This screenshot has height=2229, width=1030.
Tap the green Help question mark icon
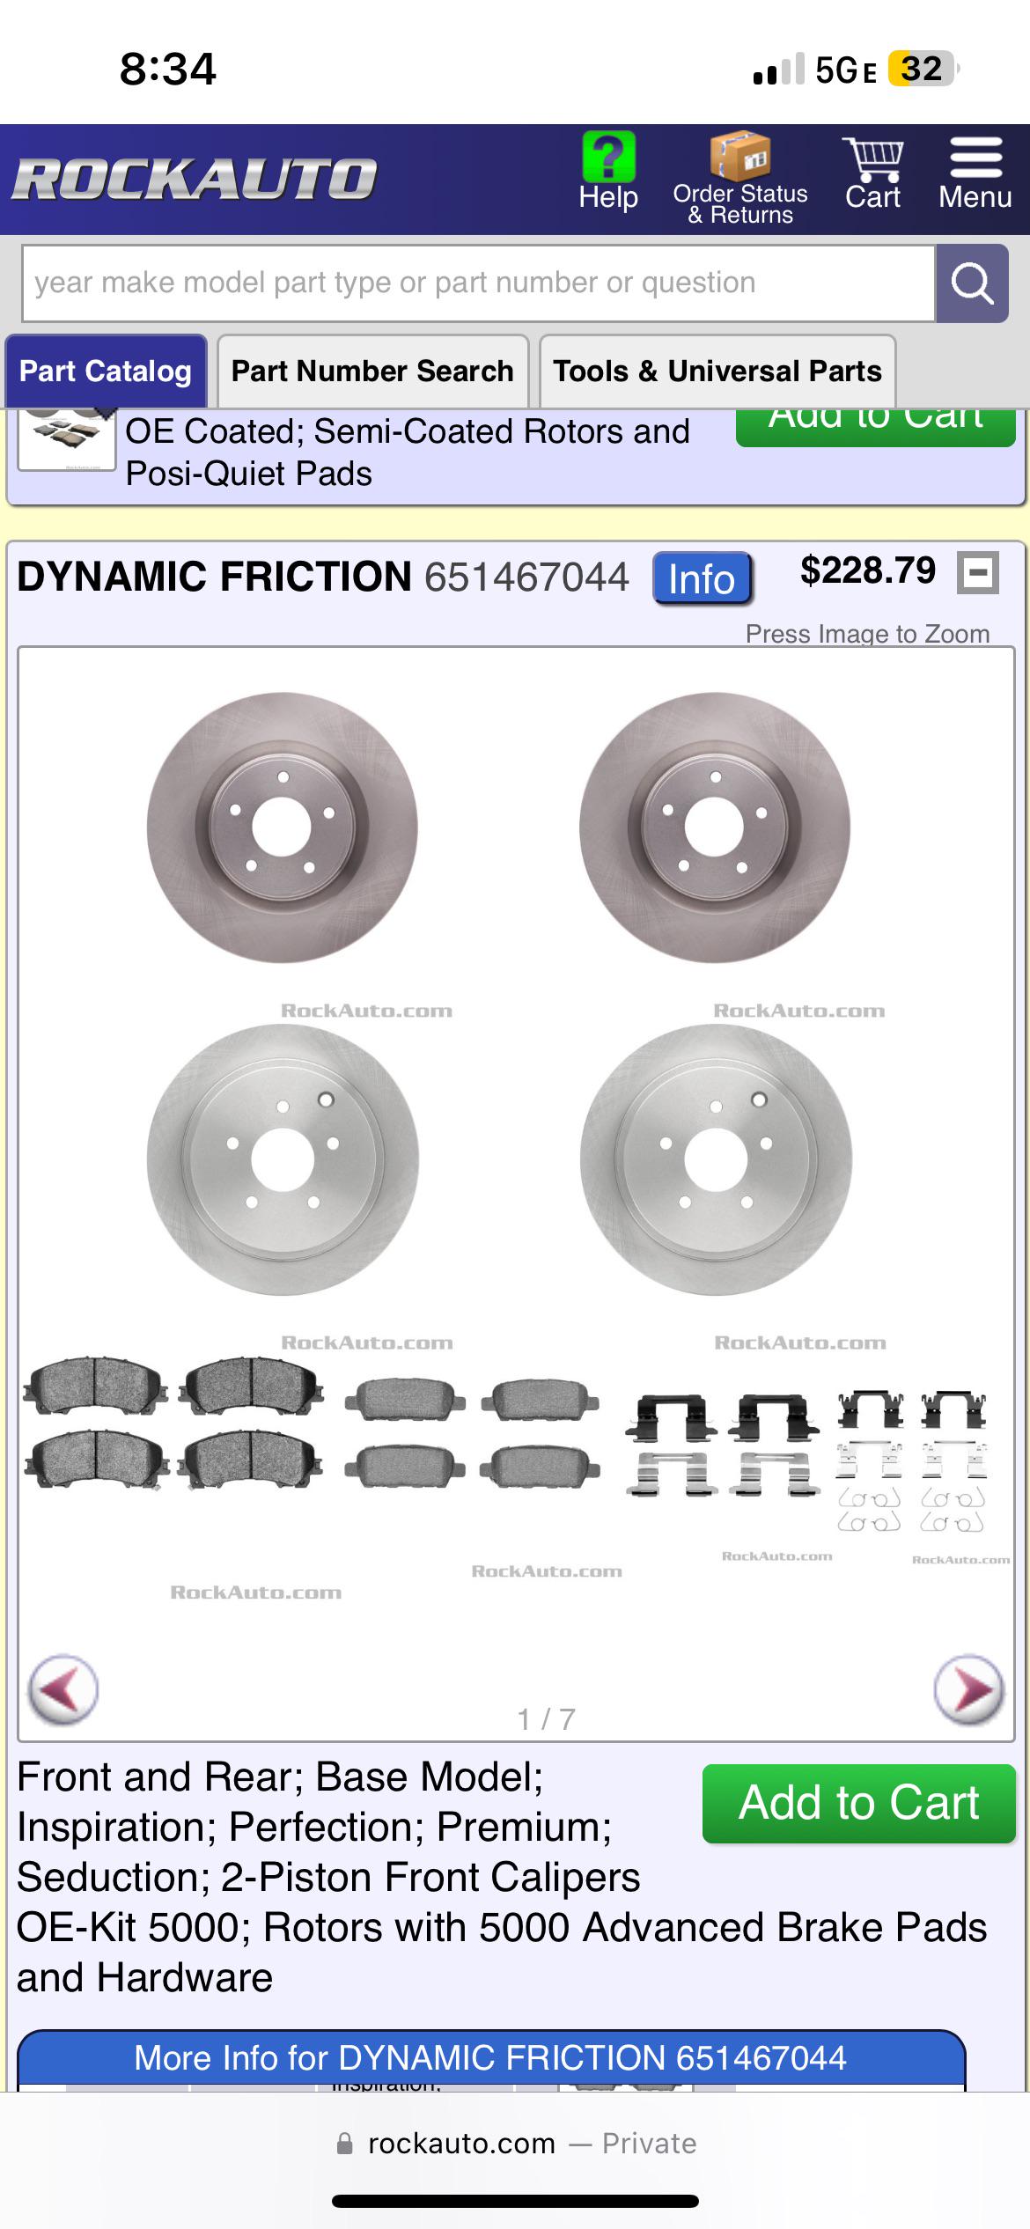tap(608, 157)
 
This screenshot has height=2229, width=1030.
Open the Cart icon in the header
tap(872, 160)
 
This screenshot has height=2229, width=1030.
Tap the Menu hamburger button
tap(975, 158)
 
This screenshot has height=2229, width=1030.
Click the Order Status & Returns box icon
tap(740, 156)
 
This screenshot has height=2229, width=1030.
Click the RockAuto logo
tap(195, 179)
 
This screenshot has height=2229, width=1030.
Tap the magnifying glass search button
tap(972, 283)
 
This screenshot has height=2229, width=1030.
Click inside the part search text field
tap(477, 283)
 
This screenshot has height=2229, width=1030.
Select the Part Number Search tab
tap(372, 371)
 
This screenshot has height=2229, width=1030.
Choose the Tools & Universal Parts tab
tap(717, 371)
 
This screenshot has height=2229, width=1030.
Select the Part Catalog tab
tap(106, 371)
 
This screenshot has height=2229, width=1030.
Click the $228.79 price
tap(867, 570)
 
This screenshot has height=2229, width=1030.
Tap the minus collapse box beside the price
tap(978, 573)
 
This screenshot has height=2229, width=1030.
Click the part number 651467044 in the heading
tap(526, 577)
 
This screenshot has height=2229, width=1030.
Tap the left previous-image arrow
tap(63, 1689)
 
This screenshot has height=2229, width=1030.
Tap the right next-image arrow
tap(968, 1689)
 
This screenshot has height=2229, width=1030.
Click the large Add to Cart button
tap(858, 1803)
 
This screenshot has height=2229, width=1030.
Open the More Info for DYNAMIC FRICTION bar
tap(490, 2058)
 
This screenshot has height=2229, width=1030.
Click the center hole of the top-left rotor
tap(282, 827)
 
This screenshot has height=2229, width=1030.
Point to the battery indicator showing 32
tap(921, 69)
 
